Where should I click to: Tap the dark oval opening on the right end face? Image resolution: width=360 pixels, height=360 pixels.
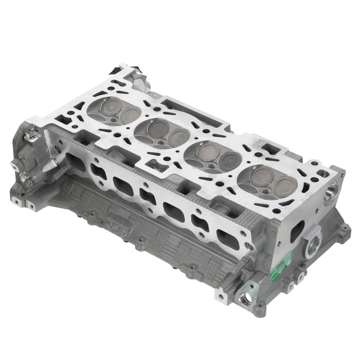299,228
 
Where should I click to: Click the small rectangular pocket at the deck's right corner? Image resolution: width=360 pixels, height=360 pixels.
322,174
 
